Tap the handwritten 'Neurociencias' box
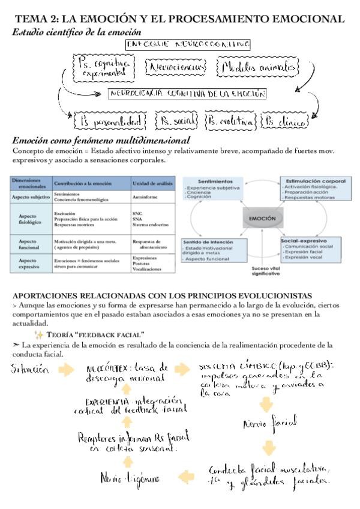(x=177, y=67)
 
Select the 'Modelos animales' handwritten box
(x=258, y=67)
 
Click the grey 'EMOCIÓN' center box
(x=262, y=218)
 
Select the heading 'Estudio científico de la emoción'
(x=77, y=32)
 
